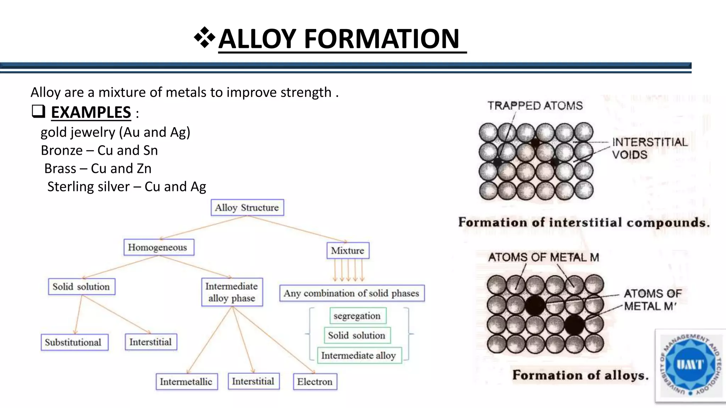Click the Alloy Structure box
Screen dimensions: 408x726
247,208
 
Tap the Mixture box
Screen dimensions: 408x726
347,250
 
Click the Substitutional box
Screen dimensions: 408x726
74,342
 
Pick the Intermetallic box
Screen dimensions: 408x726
186,381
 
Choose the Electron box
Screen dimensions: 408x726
315,381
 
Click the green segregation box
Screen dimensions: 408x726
357,316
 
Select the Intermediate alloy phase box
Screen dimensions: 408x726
232,292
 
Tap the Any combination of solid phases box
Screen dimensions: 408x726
351,293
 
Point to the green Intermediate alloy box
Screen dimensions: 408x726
358,355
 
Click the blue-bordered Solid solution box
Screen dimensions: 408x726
82,287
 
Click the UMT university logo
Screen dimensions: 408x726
689,365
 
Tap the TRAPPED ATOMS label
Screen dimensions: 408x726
535,106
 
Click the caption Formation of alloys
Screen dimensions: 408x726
580,375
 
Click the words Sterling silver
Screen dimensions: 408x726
89,187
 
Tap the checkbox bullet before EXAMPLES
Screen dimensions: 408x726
38,112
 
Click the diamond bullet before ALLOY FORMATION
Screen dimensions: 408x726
205,38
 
